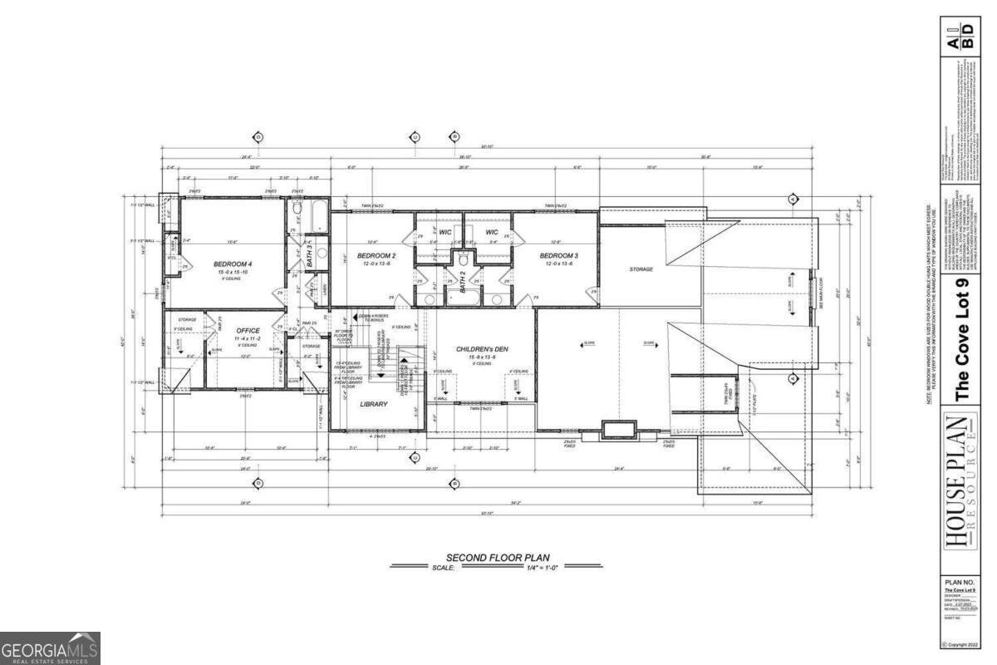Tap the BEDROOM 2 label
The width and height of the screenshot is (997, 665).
coord(376,255)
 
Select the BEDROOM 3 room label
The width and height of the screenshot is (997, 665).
coord(557,255)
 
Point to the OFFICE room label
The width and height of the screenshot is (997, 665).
coord(248,331)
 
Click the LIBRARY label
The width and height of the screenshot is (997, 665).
coord(374,404)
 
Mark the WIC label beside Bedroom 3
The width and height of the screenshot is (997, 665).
coord(491,232)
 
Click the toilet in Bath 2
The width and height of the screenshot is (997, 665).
coord(464,259)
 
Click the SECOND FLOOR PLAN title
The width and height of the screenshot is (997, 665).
coord(498,558)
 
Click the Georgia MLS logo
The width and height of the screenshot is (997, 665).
coord(51,648)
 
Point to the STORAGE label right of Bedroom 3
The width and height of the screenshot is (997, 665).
coord(641,269)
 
